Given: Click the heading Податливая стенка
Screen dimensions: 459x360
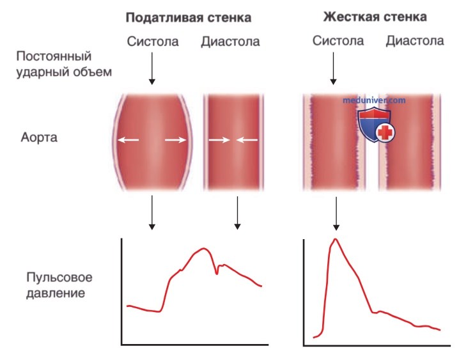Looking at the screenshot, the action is (x=188, y=17).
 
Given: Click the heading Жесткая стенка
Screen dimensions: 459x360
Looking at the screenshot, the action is (x=375, y=17).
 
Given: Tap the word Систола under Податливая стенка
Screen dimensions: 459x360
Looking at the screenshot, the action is (x=153, y=42).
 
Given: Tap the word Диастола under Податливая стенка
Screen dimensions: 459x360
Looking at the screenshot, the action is (x=230, y=42).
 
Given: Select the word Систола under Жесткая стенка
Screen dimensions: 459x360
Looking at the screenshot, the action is (x=338, y=41).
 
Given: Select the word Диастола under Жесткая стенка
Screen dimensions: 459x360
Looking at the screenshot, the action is (x=415, y=41).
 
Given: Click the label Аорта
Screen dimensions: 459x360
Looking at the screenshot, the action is (x=39, y=137).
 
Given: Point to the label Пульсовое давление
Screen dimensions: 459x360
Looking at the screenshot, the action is (x=59, y=285).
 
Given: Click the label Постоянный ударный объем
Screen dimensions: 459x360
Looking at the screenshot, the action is (x=64, y=64).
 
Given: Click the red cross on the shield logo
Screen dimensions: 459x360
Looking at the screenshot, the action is (x=385, y=132).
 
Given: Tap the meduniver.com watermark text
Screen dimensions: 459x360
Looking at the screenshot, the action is (x=374, y=100).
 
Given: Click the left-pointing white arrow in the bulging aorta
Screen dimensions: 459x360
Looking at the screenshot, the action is (x=128, y=140).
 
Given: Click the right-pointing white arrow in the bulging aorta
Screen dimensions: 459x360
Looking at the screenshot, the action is (x=175, y=140).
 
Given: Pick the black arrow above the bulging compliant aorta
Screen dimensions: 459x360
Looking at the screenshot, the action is (x=152, y=69).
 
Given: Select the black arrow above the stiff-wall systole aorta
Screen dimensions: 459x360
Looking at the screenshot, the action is (x=333, y=69).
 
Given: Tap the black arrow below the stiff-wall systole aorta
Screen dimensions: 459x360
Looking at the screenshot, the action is (x=336, y=214).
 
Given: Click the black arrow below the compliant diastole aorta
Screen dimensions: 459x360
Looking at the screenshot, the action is (x=237, y=213).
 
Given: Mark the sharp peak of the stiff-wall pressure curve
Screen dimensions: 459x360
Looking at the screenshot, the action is (x=336, y=239).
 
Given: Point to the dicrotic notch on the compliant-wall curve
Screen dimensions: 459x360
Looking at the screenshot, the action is (x=217, y=273).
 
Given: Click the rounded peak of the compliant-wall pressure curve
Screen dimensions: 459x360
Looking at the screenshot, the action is (x=204, y=249).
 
